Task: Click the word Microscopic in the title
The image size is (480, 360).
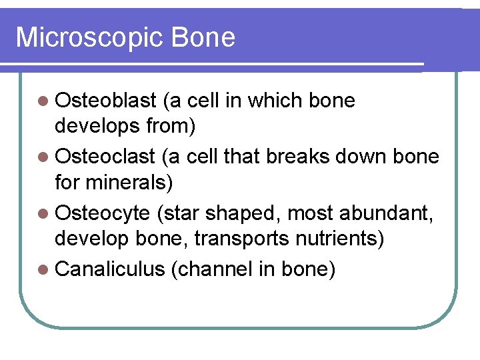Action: point(89,38)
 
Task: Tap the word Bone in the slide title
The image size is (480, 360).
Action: point(203,37)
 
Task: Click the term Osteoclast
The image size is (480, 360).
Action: point(105,157)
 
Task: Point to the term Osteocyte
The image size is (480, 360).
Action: point(103,214)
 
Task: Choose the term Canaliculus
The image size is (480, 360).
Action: point(110,270)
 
